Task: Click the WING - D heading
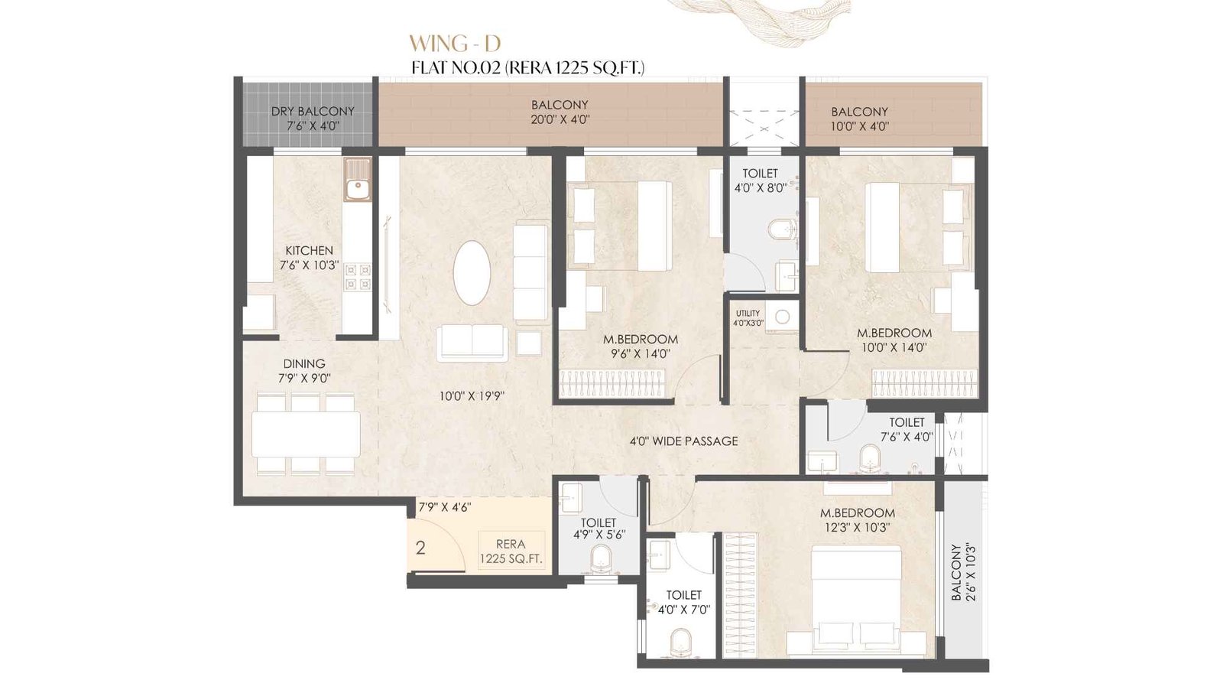click(454, 42)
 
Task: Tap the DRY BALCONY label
click(313, 112)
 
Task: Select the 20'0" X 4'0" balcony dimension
click(560, 119)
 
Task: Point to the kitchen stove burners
click(357, 277)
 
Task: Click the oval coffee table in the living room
click(472, 273)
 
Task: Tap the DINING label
click(304, 363)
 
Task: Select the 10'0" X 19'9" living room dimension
click(471, 396)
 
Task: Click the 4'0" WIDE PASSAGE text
click(684, 441)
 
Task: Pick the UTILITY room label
click(748, 313)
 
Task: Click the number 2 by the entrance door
click(420, 548)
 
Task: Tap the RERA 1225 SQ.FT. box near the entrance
click(511, 551)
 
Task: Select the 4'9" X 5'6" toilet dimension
click(599, 535)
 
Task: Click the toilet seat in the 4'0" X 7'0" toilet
click(679, 643)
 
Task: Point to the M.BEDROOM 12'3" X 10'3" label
click(857, 519)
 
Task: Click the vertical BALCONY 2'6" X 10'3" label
click(964, 572)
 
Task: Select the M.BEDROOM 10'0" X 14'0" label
click(894, 340)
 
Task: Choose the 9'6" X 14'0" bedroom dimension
click(640, 353)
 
